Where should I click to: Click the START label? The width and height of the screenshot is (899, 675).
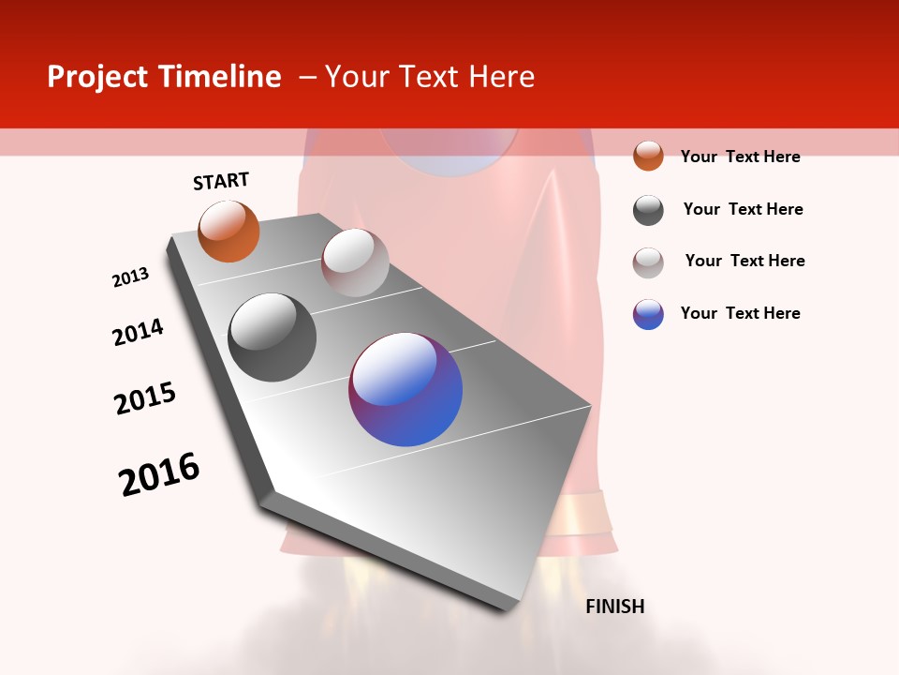[221, 181]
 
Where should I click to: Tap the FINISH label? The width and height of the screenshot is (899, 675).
[614, 607]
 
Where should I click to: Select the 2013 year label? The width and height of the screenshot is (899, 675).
[131, 277]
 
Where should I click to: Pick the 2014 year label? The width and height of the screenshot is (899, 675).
[138, 332]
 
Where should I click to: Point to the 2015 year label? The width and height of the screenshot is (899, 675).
[145, 398]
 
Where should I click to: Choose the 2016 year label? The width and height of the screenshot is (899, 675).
[159, 474]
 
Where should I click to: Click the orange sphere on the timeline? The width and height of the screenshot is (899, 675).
[228, 232]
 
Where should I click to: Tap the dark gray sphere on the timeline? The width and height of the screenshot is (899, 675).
[272, 337]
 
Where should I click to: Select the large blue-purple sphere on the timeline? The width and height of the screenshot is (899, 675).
[405, 389]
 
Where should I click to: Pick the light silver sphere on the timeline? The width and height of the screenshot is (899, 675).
[355, 262]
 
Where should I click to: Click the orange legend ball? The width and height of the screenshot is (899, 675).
[648, 156]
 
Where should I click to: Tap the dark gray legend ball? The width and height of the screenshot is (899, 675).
[648, 209]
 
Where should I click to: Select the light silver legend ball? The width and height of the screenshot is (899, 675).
[648, 262]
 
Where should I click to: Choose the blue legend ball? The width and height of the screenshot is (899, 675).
[648, 314]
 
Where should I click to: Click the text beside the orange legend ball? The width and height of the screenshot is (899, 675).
[740, 157]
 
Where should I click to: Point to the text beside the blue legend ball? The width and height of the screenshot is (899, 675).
[740, 313]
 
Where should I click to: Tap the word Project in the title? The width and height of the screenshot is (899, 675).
[97, 77]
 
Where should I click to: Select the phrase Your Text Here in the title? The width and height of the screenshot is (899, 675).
[430, 77]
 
